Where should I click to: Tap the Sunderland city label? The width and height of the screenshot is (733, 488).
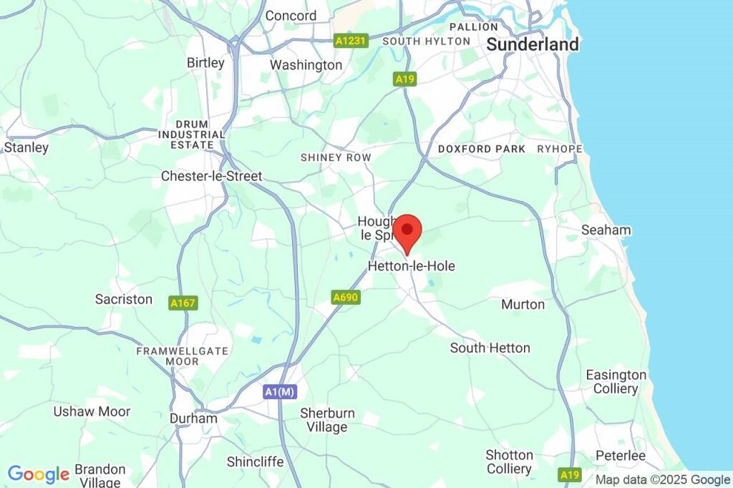point(532,44)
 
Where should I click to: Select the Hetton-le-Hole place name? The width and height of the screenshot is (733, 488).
point(411,266)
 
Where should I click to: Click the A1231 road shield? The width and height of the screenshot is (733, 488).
point(351,42)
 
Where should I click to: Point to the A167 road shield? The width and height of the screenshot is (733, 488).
point(183,303)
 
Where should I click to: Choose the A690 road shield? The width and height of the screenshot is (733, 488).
point(344,297)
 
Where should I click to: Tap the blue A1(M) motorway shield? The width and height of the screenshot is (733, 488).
point(280,392)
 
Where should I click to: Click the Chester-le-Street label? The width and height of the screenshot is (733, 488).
point(211,176)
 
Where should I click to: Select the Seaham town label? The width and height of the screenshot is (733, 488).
point(606,230)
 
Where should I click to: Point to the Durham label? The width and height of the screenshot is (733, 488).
point(193,419)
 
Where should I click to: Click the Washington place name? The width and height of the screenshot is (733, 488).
point(306,65)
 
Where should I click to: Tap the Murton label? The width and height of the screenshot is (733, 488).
point(523,305)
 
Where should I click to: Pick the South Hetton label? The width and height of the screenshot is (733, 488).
point(490,348)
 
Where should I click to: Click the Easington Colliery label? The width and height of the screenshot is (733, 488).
point(616,382)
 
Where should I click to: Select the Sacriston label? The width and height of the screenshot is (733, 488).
point(124,300)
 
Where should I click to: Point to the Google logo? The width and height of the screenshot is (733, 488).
point(38,474)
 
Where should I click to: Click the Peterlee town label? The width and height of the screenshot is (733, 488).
point(621,456)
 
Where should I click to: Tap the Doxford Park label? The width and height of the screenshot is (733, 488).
point(482,150)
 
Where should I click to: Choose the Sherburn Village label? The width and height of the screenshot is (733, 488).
point(324,420)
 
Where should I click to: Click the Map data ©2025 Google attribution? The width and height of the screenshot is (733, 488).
point(663,479)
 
